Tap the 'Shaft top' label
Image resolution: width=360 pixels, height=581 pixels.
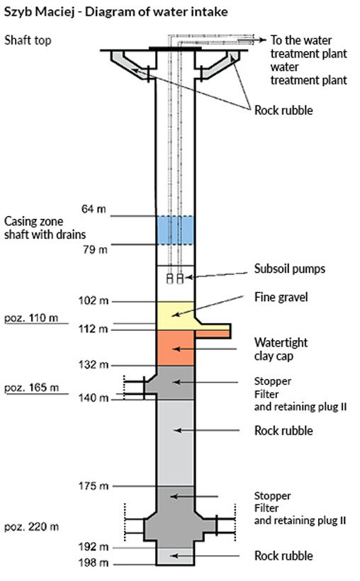[28, 40]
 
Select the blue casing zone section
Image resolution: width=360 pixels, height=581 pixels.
[175, 230]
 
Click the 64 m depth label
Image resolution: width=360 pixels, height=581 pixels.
[94, 209]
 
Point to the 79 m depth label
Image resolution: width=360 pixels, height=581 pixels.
[95, 249]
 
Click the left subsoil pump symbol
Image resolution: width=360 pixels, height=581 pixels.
[170, 278]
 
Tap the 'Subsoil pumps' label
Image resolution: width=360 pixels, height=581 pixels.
[290, 269]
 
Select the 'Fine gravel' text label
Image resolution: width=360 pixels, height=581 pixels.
[281, 297]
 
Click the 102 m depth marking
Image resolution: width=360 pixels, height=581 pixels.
[94, 300]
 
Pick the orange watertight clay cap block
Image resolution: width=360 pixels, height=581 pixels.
[175, 348]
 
